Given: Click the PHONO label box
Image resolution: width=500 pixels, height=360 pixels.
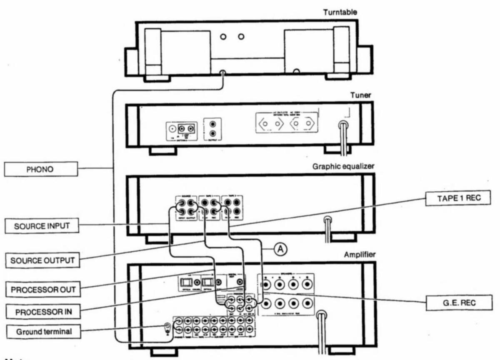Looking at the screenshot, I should click(x=41, y=169).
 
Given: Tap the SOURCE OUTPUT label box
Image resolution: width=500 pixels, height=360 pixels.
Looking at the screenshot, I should click(x=42, y=261).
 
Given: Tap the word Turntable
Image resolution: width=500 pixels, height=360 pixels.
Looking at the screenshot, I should click(x=340, y=12).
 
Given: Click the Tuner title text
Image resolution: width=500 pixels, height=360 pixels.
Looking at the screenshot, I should click(x=361, y=95).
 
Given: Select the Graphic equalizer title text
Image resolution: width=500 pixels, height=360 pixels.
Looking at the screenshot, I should click(x=343, y=166).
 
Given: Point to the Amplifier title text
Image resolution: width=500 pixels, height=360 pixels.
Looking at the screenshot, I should click(x=360, y=255).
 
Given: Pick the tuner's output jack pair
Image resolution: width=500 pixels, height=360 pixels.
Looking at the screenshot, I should click(x=212, y=129).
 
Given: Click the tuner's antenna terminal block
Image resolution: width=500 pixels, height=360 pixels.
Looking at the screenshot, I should click(x=181, y=129).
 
